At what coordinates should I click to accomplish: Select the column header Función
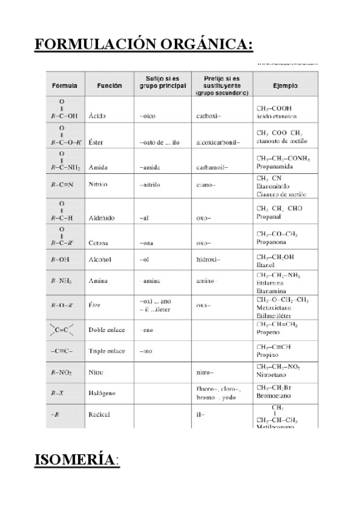pos(109,85)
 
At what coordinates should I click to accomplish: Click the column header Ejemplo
pos(285,85)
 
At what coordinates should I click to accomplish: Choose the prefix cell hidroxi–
pos(209,260)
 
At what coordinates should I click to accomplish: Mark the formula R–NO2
pos(62,373)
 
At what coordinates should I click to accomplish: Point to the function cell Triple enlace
pos(107,351)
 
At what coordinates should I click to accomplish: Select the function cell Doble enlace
pos(106,330)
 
